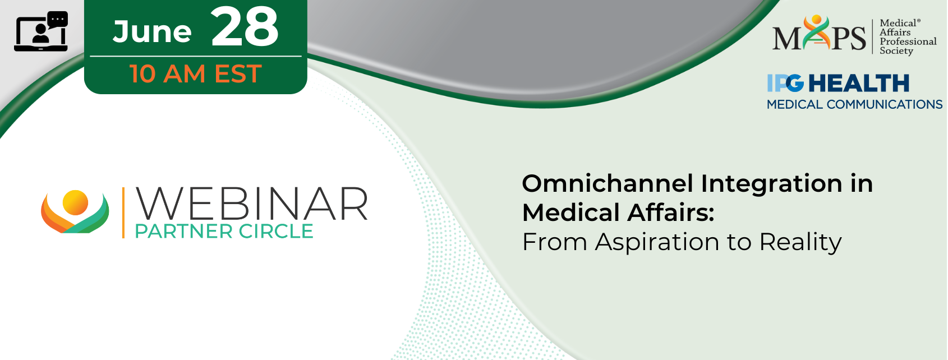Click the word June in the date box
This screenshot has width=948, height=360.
tap(152, 32)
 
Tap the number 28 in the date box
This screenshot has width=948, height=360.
tap(245, 27)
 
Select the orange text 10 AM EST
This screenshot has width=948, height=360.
tap(196, 73)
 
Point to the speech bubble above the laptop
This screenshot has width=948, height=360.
tap(58, 19)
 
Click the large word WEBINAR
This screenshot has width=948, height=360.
tap(251, 204)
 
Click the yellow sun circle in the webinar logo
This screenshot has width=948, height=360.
tap(75, 202)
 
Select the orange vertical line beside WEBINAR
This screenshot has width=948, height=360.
tap(123, 213)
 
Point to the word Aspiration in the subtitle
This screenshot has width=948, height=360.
tap(657, 243)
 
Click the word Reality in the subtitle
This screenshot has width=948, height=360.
tap(800, 243)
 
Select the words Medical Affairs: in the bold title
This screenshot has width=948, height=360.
tap(618, 213)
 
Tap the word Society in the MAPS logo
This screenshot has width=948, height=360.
tap(896, 51)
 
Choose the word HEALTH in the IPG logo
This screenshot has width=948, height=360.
tap(859, 83)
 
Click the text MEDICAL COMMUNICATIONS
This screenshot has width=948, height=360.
tap(854, 104)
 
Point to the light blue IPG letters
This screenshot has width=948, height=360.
tap(785, 83)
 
